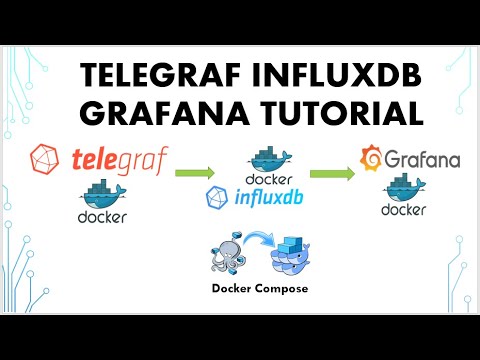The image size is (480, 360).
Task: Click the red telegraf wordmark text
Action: [120, 160]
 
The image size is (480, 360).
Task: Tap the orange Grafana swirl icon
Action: [370, 158]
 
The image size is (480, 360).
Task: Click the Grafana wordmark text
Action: [418, 158]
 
